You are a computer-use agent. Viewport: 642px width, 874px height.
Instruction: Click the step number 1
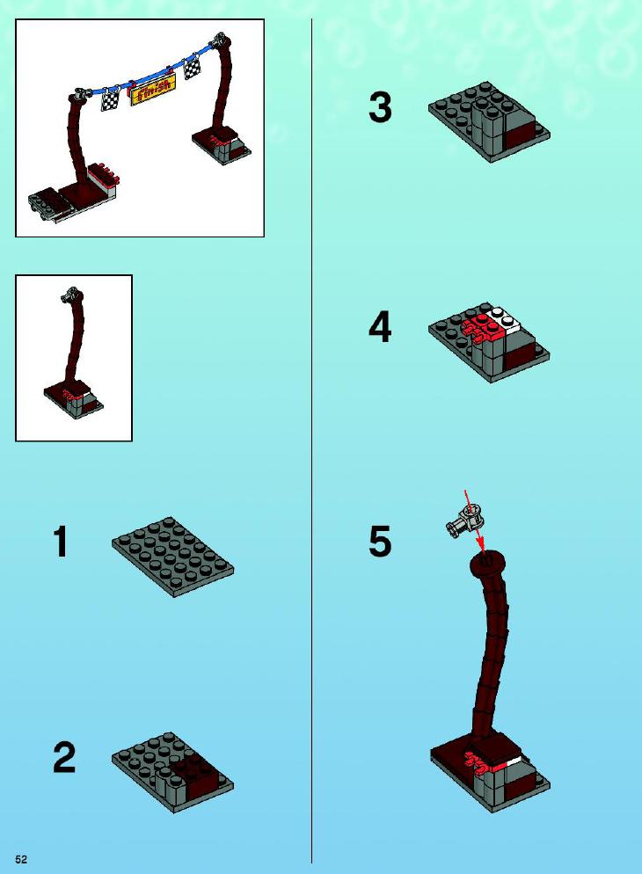tap(62, 542)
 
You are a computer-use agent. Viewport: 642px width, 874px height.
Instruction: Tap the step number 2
tap(64, 758)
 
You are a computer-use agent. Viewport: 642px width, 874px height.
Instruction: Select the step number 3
tap(380, 107)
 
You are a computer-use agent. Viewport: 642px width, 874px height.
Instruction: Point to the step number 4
tap(380, 327)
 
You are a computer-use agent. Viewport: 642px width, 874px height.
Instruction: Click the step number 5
tap(380, 542)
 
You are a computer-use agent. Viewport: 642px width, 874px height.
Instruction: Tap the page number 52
tap(21, 859)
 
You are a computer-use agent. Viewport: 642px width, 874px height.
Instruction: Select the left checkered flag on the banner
tap(110, 100)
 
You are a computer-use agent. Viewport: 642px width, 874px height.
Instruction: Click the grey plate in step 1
tap(172, 557)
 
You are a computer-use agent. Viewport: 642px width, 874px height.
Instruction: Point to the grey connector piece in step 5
tap(464, 521)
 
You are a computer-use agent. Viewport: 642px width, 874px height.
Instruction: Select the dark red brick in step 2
tap(191, 776)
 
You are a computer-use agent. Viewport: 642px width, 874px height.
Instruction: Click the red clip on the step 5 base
tap(479, 762)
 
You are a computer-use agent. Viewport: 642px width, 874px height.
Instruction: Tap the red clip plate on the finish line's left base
tap(106, 174)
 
